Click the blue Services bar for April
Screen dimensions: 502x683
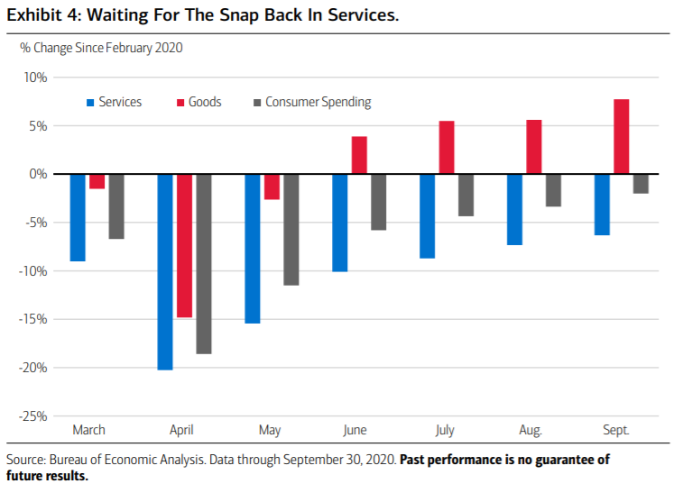(x=165, y=271)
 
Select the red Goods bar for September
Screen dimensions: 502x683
(x=622, y=136)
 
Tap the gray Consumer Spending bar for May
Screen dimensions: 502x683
(x=291, y=229)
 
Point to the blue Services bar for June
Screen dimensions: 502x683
(x=339, y=223)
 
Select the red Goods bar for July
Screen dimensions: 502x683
(x=447, y=147)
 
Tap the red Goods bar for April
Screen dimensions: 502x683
(x=184, y=245)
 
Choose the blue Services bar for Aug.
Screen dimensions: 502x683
(x=515, y=209)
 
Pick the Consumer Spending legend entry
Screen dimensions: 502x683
(x=317, y=102)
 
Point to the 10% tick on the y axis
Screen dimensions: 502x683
(x=35, y=77)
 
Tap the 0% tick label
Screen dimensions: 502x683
(x=38, y=174)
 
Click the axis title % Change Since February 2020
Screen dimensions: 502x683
(x=101, y=47)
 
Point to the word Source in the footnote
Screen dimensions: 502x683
(x=27, y=460)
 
